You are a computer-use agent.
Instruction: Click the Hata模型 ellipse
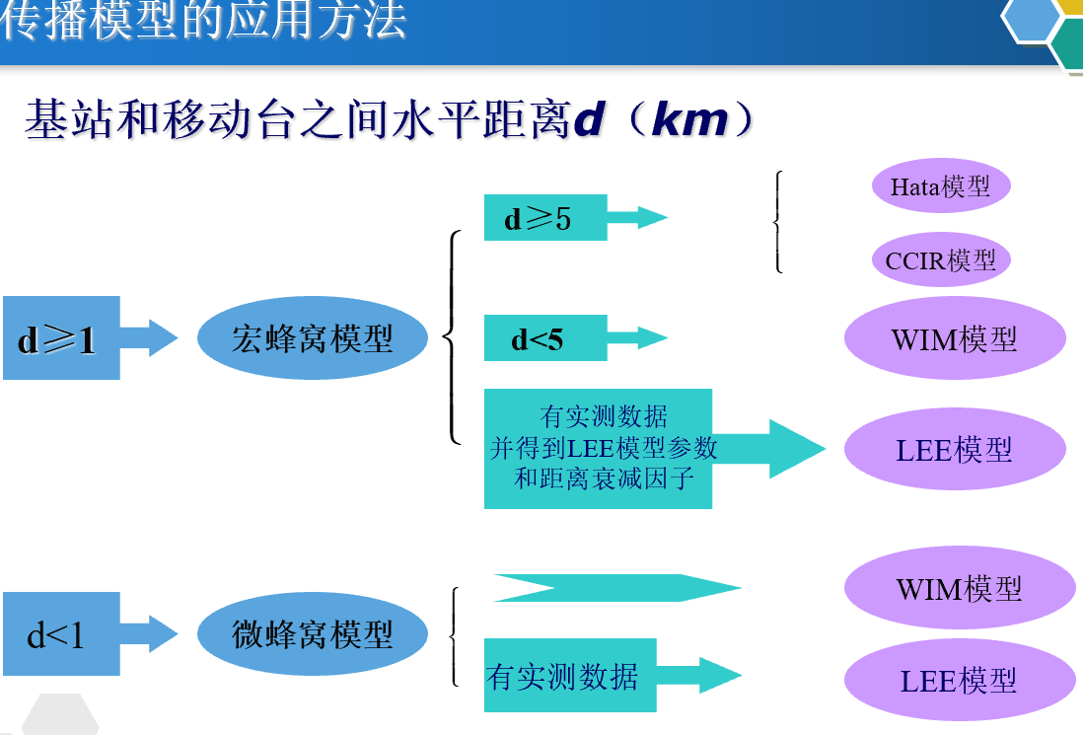pos(941,186)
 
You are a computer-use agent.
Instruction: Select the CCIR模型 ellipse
pos(941,260)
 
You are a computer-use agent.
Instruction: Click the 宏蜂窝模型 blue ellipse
pos(313,338)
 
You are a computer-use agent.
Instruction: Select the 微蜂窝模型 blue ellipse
pos(313,634)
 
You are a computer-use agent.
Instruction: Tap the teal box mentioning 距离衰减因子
pos(598,449)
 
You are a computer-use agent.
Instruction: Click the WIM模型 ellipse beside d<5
pos(955,338)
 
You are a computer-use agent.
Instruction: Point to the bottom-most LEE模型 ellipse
pos(959,680)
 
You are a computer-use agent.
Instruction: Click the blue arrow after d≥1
pos(149,337)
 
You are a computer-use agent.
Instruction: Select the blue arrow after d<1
pos(149,633)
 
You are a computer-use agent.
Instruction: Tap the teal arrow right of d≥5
pos(638,217)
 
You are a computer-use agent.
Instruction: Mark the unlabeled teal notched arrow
pos(616,588)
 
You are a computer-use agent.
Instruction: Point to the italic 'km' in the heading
pos(690,121)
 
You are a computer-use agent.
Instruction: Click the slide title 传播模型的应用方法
pos(203,22)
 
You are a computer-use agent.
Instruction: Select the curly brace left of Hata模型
pos(779,222)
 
